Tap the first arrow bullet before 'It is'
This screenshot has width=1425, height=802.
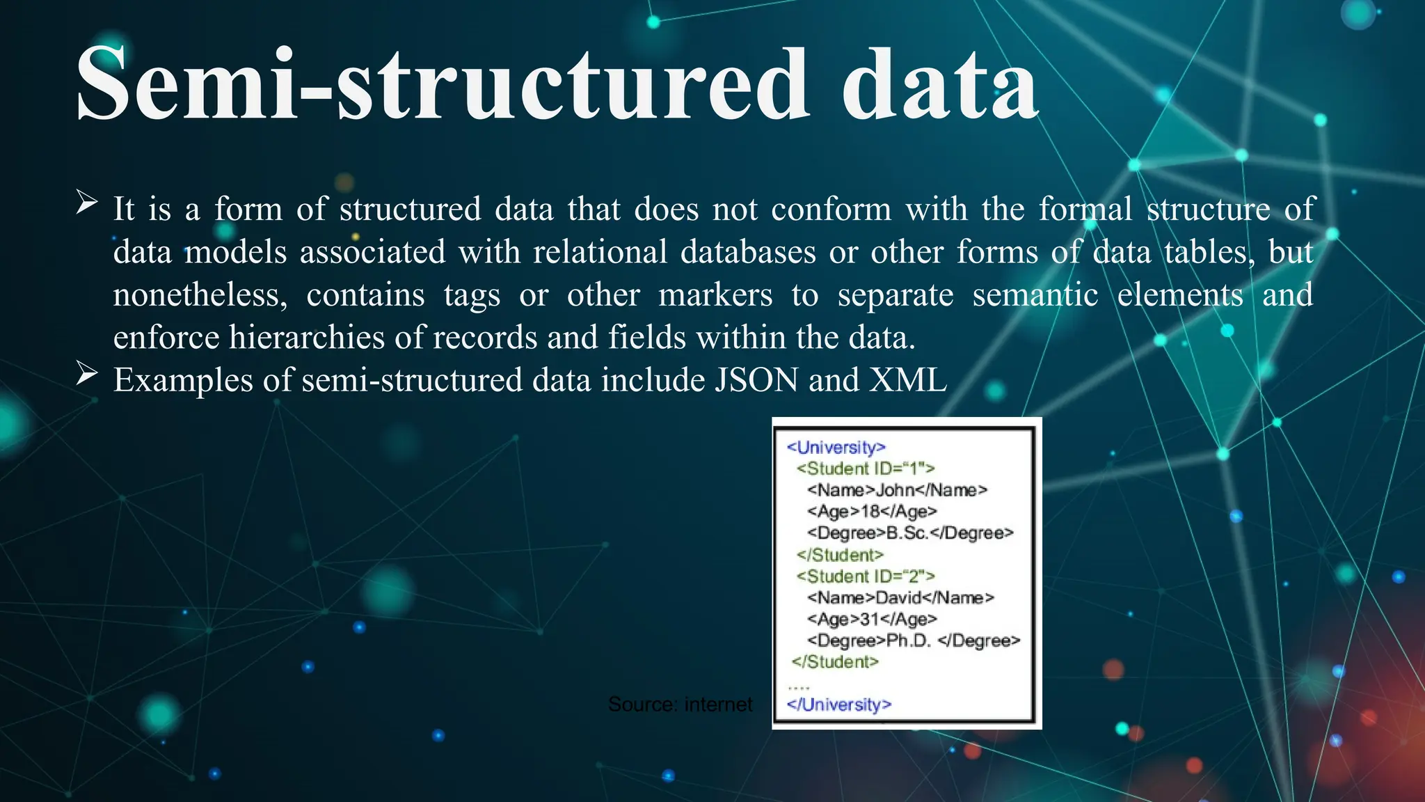(86, 203)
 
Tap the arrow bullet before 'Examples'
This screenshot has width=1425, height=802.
(86, 374)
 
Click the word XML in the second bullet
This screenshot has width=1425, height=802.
(908, 381)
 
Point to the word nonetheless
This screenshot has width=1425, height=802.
(200, 295)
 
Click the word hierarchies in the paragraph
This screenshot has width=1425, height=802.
(306, 338)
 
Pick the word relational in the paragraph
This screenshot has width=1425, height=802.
(600, 252)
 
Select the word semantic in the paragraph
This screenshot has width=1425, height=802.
(1035, 295)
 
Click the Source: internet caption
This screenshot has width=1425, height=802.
(680, 705)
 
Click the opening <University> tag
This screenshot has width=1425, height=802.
(836, 447)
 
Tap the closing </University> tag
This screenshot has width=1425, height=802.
(838, 705)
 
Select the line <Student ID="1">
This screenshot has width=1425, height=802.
(866, 469)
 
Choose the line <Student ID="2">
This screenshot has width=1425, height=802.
(866, 576)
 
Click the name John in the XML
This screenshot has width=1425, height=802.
(894, 490)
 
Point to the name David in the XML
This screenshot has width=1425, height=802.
(898, 598)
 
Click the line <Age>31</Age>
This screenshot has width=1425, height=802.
(872, 620)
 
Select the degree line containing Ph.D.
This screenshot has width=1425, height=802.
(913, 640)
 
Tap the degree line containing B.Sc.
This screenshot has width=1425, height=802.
(910, 533)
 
